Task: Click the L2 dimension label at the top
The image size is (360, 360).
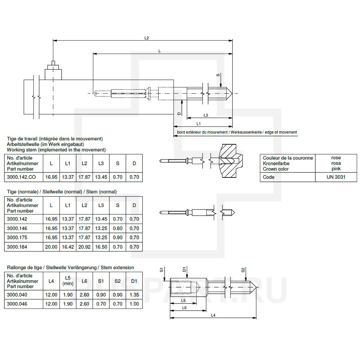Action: coord(147,37)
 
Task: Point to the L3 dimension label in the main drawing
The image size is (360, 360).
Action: coord(205,115)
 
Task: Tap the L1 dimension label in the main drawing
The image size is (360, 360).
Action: coord(199,123)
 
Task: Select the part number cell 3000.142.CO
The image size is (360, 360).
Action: coord(21,177)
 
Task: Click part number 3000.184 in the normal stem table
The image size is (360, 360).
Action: coord(17,247)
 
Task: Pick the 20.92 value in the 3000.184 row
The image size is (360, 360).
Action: coord(84,247)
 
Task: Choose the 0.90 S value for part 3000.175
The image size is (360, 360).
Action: coord(117,238)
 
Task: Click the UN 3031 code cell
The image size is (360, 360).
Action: coord(336,177)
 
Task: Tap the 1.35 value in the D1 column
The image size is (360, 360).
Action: coord(134,294)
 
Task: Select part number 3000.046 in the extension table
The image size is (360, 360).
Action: coord(17,304)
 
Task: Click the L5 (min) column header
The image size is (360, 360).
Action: coord(68,281)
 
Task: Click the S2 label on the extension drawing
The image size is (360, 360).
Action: coord(243,270)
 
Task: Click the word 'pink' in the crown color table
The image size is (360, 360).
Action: coord(336,168)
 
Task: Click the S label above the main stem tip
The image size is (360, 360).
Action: coord(218,75)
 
